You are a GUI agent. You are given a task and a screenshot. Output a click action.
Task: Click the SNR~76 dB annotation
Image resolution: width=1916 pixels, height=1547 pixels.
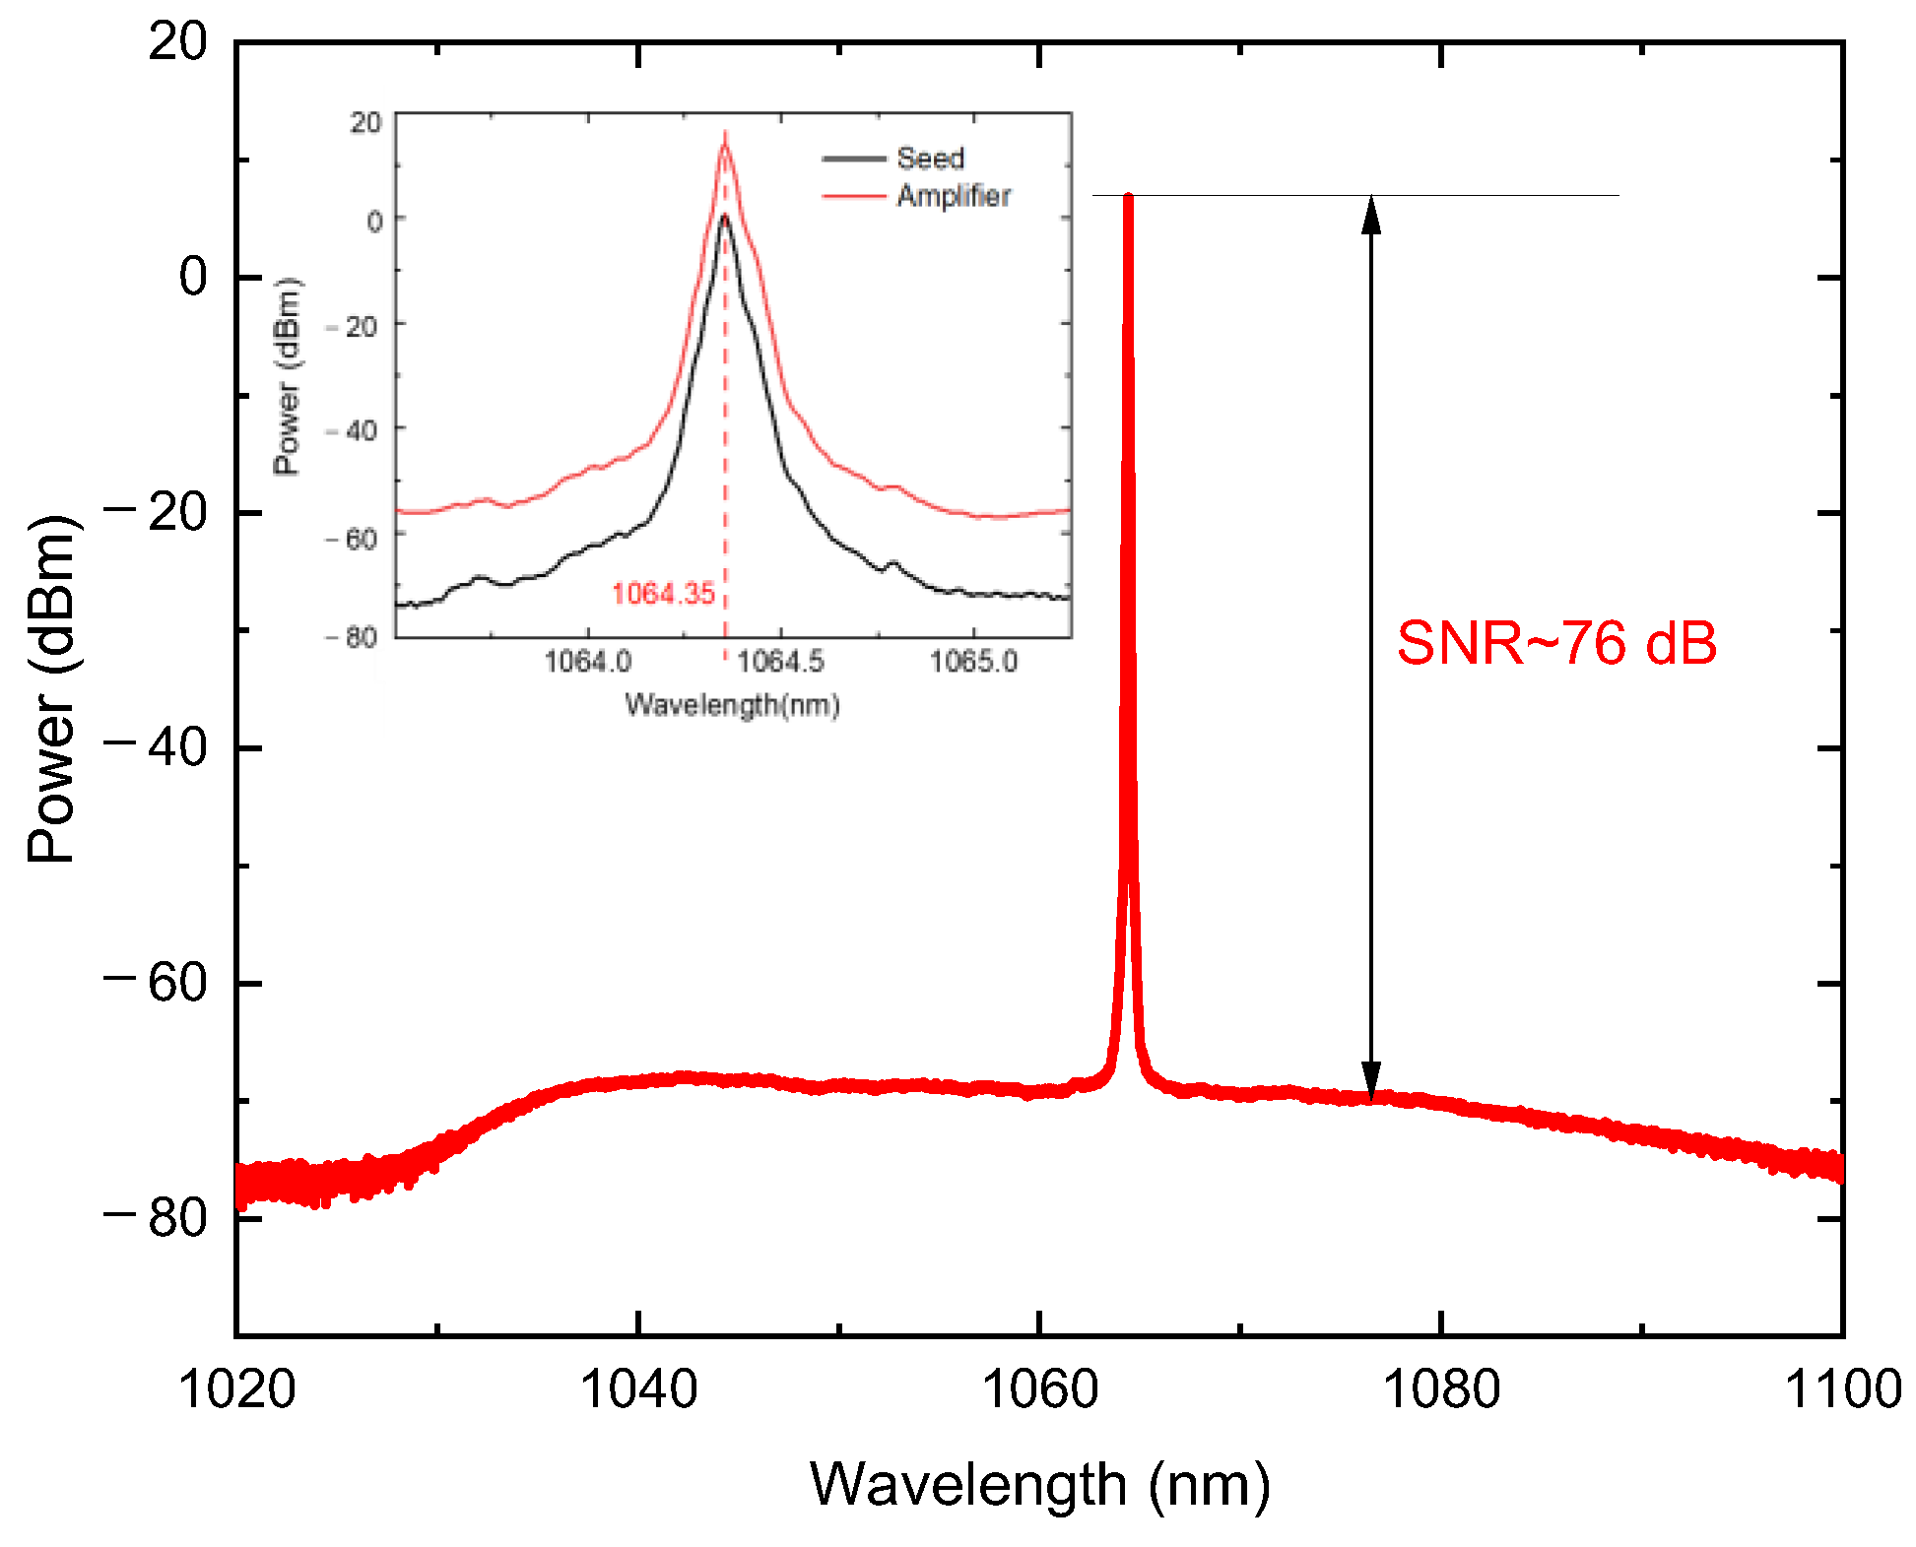[x=1556, y=644]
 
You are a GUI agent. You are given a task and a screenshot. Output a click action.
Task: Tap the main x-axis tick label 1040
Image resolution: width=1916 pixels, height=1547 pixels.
[x=638, y=1389]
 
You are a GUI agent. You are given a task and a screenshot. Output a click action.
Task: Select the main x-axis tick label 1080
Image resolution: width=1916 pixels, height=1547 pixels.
[x=1441, y=1389]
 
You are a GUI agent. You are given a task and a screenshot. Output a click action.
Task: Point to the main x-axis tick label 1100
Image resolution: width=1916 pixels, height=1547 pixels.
[x=1842, y=1389]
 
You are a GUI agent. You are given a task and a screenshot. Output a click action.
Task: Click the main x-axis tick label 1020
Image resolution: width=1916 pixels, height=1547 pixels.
[x=236, y=1389]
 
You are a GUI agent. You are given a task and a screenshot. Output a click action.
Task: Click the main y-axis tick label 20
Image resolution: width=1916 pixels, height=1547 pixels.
[x=177, y=42]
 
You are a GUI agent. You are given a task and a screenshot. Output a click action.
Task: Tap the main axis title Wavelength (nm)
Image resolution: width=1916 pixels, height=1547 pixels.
[x=1039, y=1485]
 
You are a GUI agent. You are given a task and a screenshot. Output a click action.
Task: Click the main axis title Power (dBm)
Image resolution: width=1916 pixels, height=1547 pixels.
[x=51, y=689]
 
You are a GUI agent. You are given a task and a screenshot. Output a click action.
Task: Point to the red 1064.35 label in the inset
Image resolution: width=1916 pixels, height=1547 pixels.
[x=663, y=593]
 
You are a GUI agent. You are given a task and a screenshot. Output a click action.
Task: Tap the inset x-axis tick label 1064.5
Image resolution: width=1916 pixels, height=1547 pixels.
[x=780, y=661]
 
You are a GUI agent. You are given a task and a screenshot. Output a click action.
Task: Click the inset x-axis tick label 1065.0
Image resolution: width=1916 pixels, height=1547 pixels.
[x=973, y=661]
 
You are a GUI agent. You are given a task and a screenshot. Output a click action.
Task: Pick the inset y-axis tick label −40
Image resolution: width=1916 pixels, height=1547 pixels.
[x=352, y=430]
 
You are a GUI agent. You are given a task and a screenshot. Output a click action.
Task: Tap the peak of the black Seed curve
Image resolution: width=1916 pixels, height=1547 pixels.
[x=724, y=217]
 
